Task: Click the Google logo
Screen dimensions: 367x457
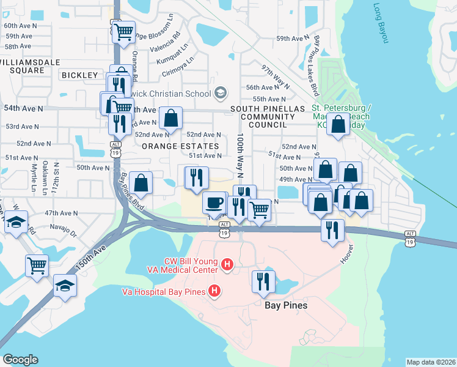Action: (x=20, y=360)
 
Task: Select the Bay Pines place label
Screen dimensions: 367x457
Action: (x=285, y=305)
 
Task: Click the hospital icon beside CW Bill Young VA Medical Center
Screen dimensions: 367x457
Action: (x=227, y=265)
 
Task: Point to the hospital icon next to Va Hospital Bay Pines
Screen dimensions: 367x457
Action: (x=214, y=291)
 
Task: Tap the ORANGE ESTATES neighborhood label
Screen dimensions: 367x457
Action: (x=180, y=146)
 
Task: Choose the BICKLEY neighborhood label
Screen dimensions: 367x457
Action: (x=79, y=75)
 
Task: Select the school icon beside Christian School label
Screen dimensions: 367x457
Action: (x=220, y=93)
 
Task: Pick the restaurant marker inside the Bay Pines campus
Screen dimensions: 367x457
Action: (x=263, y=281)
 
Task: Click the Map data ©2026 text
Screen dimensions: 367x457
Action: (x=431, y=362)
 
